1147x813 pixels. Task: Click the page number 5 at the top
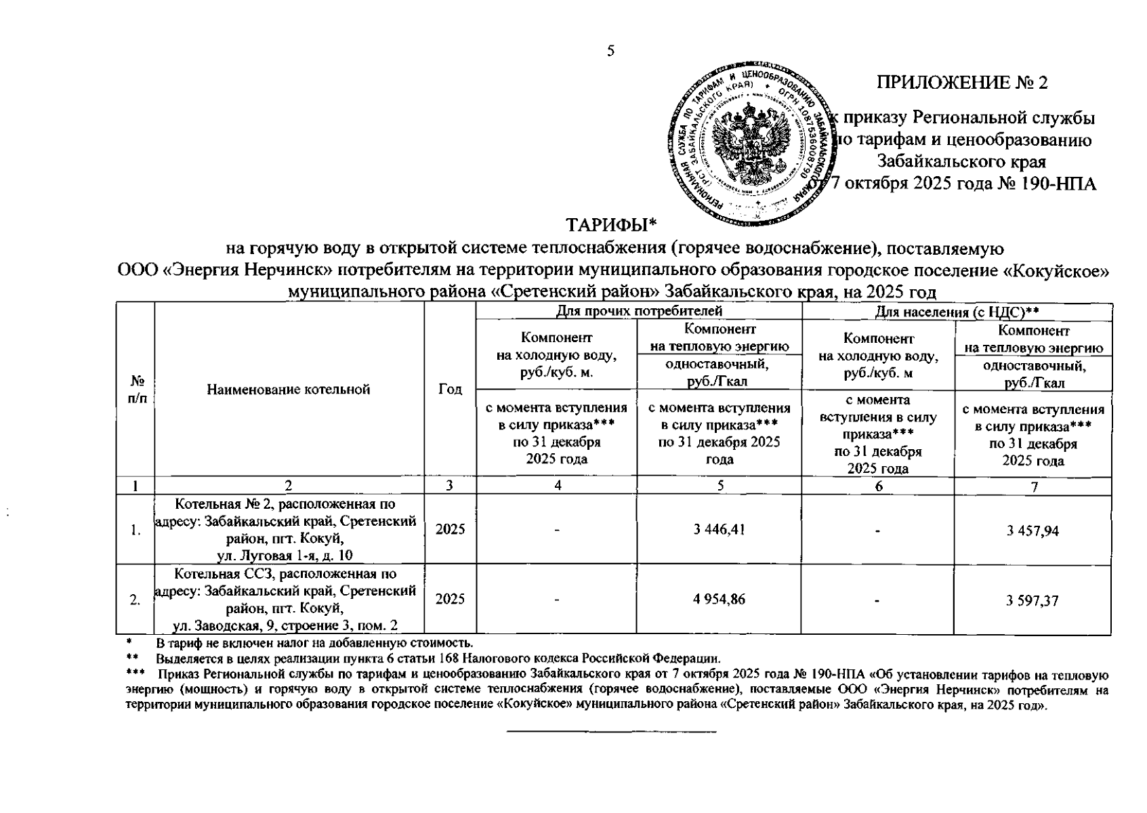coord(610,51)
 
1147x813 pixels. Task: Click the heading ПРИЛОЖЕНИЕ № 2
coord(962,83)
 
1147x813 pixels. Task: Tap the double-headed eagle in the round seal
coord(749,138)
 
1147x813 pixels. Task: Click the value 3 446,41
coord(719,530)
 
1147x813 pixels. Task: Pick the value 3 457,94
coord(1033,530)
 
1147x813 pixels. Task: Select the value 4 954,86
coord(719,599)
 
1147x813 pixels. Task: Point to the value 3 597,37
coord(1033,600)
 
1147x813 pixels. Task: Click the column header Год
coord(451,390)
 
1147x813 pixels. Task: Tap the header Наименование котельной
coord(289,390)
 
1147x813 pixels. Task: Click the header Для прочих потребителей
coord(639,311)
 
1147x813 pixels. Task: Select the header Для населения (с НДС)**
coord(957,311)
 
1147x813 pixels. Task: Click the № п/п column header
coord(136,390)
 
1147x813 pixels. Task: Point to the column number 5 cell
coord(720,486)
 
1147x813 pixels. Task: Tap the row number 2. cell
coord(135,600)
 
